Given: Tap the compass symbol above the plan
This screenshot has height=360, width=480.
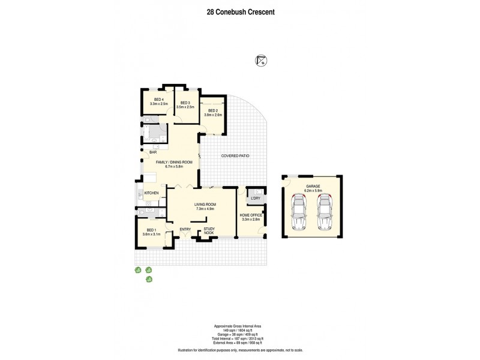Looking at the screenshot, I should pyautogui.click(x=260, y=59).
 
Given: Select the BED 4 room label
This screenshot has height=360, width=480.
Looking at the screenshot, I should pyautogui.click(x=158, y=100).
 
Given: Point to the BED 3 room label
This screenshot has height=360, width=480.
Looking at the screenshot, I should pyautogui.click(x=185, y=103).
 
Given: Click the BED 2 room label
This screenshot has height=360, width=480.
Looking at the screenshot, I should pyautogui.click(x=213, y=110).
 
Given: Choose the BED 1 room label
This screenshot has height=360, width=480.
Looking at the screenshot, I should pyautogui.click(x=151, y=230).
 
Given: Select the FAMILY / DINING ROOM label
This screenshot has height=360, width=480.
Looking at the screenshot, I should pyautogui.click(x=174, y=162).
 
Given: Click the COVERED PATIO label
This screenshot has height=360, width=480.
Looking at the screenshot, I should pyautogui.click(x=235, y=156).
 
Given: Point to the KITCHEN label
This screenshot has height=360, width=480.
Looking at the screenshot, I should pyautogui.click(x=151, y=193).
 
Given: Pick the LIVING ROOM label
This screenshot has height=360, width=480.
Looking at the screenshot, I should pyautogui.click(x=205, y=205).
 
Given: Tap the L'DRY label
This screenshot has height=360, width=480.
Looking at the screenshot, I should pyautogui.click(x=256, y=198).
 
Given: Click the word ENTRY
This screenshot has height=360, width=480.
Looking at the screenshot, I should pyautogui.click(x=185, y=229).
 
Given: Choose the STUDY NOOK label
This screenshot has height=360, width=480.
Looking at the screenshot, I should pyautogui.click(x=209, y=230).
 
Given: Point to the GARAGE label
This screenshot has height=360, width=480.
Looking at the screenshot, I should pyautogui.click(x=313, y=187).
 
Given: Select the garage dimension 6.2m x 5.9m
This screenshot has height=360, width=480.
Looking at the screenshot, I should pyautogui.click(x=313, y=191).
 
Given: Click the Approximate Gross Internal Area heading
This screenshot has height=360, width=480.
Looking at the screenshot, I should pyautogui.click(x=239, y=326).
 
